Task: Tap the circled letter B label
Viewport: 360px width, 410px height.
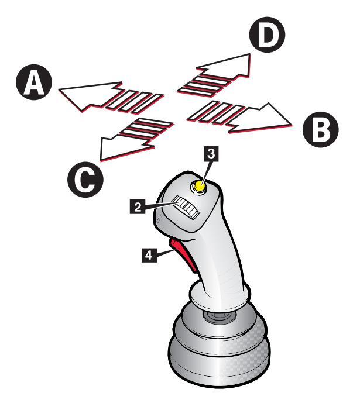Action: coord(321,130)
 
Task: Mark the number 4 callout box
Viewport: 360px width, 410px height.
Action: coord(149,255)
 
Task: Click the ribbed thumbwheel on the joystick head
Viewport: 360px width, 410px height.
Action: coord(186,208)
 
